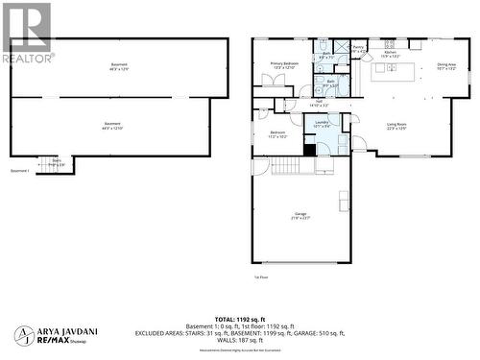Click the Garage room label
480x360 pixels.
[x=300, y=216]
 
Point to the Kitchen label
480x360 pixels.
[x=391, y=55]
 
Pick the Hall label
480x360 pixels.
[x=319, y=104]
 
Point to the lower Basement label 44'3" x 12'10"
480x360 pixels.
[x=112, y=127]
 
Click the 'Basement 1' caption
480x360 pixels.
[x=20, y=171]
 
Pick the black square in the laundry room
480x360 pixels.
[x=309, y=149]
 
